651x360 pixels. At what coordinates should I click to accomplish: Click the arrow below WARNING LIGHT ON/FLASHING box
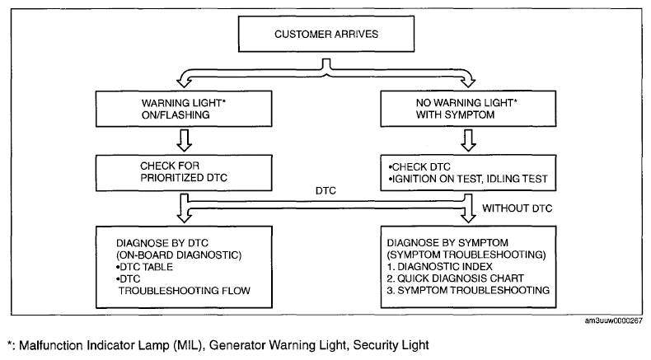coord(184,140)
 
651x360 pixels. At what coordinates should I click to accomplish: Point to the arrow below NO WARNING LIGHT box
coord(468,140)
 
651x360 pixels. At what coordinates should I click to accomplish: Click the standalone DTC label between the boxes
coord(325,191)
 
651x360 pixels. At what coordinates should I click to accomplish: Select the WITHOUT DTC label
coord(517,208)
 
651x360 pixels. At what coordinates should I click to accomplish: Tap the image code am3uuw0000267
coord(614,320)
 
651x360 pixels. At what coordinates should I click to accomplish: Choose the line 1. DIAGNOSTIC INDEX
coord(440,267)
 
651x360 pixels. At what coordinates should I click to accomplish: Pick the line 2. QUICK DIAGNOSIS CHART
coord(456,278)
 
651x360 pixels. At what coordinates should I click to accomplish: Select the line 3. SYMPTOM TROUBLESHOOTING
coord(468,290)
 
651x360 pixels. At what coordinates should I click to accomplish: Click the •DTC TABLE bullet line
coord(144,267)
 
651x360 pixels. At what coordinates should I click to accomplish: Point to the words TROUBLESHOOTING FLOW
coord(185,291)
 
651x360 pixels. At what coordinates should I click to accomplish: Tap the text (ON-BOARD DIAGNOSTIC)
coord(179,255)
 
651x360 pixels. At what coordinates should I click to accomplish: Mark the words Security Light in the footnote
coord(391,345)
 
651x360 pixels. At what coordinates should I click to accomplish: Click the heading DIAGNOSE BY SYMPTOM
coord(447,243)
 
